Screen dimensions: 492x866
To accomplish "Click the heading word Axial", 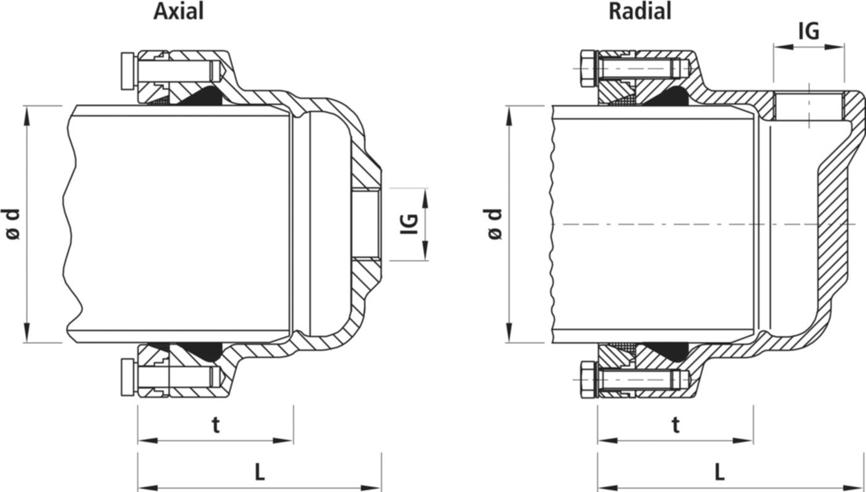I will click(x=178, y=11).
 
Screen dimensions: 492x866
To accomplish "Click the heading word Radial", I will click(x=640, y=11).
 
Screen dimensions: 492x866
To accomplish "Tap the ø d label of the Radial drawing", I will click(x=494, y=223).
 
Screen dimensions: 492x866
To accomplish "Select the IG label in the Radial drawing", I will click(x=808, y=30).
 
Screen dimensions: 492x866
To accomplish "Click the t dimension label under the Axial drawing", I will click(x=215, y=425).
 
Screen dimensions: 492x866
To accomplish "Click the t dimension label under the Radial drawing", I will click(x=675, y=425).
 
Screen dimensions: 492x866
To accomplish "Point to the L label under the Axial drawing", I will click(x=260, y=473).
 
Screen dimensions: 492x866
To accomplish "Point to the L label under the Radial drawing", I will click(x=719, y=473).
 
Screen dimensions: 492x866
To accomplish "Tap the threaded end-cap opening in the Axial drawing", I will click(x=366, y=223).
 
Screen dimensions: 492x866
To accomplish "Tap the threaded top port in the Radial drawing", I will click(x=808, y=106).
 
